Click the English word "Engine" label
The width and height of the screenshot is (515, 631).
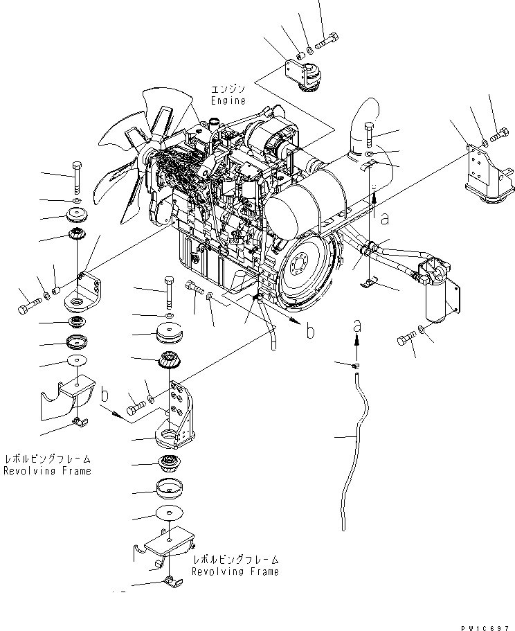(x=229, y=101)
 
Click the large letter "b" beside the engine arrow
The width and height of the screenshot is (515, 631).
(x=311, y=330)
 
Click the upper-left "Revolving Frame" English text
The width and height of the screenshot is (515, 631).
(x=47, y=471)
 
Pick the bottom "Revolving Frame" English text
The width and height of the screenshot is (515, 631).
(x=235, y=571)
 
